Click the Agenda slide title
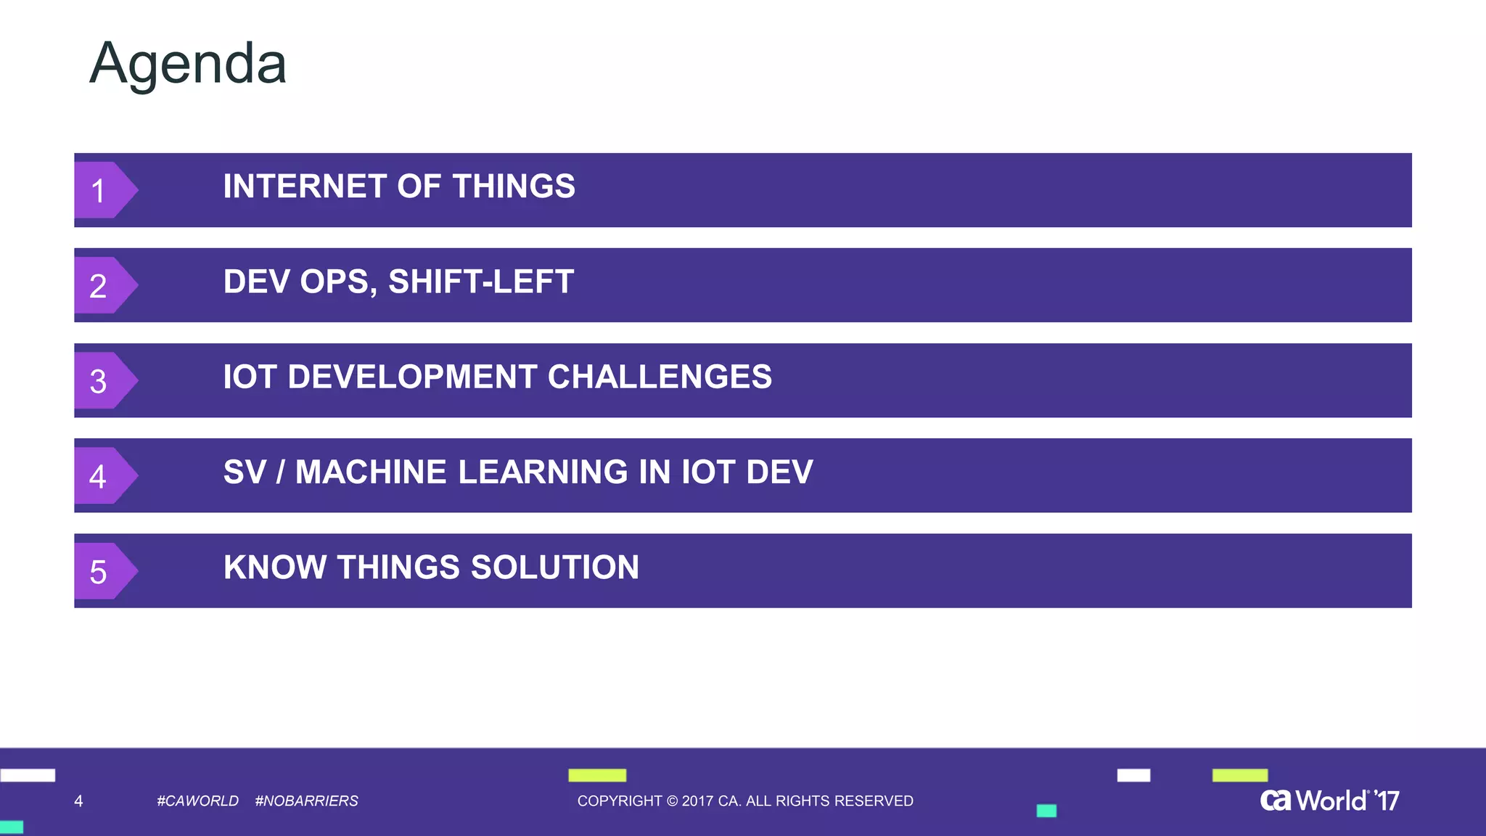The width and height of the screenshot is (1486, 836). pos(188,64)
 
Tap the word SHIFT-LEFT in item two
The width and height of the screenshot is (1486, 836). pos(481,282)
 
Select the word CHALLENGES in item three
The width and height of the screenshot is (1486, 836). pos(660,377)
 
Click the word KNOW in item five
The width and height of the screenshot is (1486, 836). pos(275,567)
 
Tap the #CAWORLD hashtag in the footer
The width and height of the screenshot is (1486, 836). pos(197,800)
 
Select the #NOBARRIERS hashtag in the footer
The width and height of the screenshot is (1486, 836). pos(306,800)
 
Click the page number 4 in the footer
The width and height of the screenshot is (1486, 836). pos(78,800)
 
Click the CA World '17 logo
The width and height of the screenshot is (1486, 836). pos(1329,800)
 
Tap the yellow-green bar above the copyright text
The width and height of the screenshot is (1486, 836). pos(597,775)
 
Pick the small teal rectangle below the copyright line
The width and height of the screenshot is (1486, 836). pos(1046,811)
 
